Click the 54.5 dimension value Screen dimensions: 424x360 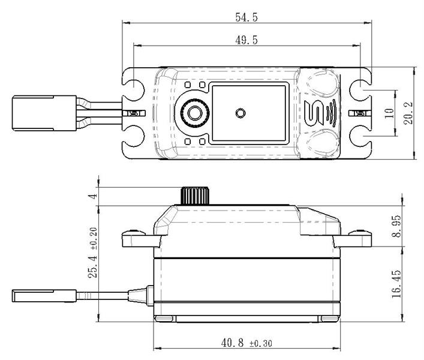246,17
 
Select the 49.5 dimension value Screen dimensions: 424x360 246,40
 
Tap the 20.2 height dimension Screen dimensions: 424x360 408,113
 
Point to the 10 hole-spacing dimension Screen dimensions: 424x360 389,113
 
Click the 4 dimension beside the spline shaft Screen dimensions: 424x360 93,196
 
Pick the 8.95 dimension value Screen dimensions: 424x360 396,226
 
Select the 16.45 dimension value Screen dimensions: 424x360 396,284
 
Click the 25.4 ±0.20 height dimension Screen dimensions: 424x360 93,253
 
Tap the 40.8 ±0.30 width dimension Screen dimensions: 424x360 246,343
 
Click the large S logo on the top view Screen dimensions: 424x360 314,113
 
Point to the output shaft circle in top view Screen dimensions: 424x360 195,113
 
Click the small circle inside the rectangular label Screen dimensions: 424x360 239,113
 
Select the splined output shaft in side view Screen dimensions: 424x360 195,195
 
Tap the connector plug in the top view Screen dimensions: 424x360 44,113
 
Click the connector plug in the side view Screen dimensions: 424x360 44,296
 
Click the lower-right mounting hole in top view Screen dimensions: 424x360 360,136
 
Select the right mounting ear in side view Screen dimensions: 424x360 353,238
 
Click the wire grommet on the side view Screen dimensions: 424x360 141,296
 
